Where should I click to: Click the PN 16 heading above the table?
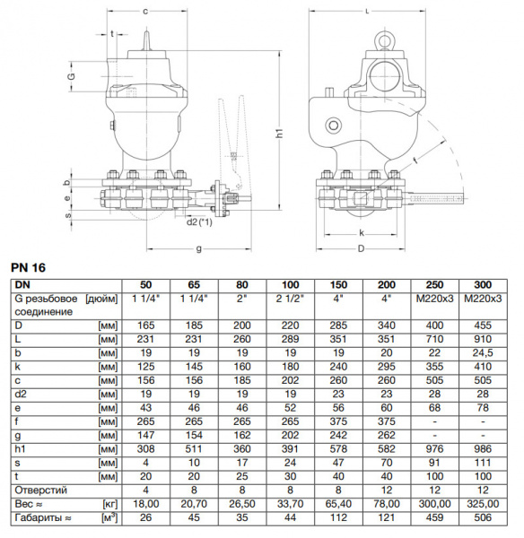pos(28,267)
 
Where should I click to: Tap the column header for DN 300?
pos(484,283)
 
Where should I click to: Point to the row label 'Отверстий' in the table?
pos(39,490)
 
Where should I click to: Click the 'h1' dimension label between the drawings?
pos(279,132)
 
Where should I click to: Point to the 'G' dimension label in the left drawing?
pos(72,78)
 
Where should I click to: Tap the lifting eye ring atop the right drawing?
pos(387,40)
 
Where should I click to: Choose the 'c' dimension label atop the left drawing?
pos(145,10)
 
